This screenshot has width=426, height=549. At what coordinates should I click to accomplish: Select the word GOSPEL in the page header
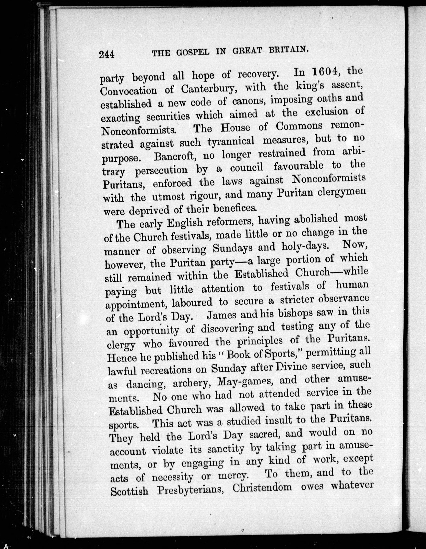[191, 52]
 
